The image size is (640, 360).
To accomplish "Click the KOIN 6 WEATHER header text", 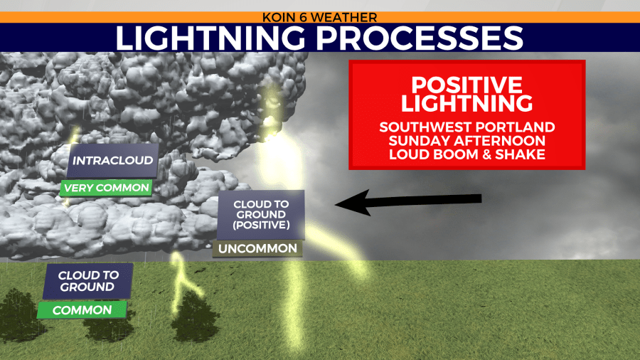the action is [x=319, y=17].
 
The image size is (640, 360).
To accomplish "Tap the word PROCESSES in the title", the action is [x=420, y=38].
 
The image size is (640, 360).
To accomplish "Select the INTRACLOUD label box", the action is [x=112, y=160].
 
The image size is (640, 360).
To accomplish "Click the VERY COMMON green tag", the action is [x=107, y=188].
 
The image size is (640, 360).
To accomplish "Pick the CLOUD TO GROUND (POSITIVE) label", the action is [x=261, y=215].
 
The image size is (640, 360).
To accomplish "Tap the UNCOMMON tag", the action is [x=257, y=248].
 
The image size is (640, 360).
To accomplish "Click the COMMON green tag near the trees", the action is [x=82, y=309].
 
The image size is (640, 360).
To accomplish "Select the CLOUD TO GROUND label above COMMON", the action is [x=88, y=281].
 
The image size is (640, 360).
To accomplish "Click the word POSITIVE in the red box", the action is [x=466, y=85].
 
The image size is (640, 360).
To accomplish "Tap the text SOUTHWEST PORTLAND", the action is [x=467, y=127].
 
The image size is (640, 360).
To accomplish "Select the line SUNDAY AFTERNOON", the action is [x=467, y=141].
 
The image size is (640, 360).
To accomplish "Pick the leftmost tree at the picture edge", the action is [x=18, y=314].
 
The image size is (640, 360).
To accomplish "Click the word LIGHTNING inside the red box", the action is [x=466, y=103].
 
